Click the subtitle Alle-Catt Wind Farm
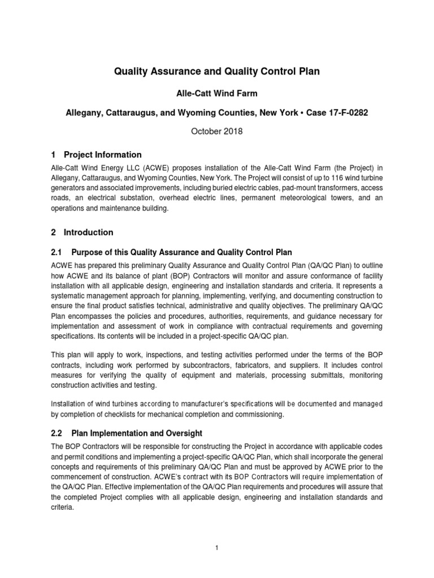click(x=217, y=93)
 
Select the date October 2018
click(x=217, y=132)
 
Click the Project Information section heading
click(x=103, y=155)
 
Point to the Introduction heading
click(x=89, y=232)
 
